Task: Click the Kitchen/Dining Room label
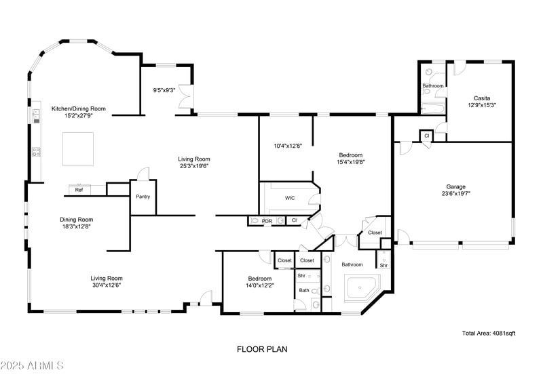click(79, 108)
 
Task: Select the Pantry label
click(143, 197)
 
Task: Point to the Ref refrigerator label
click(79, 190)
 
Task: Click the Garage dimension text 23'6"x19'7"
click(455, 193)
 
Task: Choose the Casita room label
click(482, 98)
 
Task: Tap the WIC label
click(290, 198)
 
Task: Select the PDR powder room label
click(267, 221)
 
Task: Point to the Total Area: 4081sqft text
click(489, 333)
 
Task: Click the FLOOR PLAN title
click(262, 350)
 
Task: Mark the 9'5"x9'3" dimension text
click(164, 89)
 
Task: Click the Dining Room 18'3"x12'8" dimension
click(75, 227)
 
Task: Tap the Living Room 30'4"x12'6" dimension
click(107, 285)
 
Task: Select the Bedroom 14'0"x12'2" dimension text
click(259, 285)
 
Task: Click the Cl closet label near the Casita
click(427, 136)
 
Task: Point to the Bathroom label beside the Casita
click(433, 86)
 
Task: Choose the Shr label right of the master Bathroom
click(383, 265)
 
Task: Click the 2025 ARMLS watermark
click(32, 366)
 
